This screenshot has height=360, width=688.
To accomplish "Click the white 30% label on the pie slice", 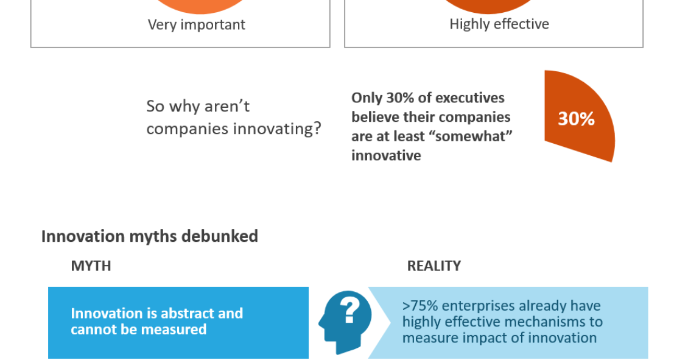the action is (576, 119).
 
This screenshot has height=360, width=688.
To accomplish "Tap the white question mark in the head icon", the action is (350, 309).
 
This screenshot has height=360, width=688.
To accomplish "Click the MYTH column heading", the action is (91, 266).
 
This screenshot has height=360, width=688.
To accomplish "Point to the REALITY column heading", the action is (434, 266).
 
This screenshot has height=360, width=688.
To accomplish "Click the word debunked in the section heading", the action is (220, 236).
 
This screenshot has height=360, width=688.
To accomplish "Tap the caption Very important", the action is (197, 24).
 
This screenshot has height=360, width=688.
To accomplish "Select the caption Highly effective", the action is (499, 24).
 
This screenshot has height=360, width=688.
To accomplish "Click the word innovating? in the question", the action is (277, 129).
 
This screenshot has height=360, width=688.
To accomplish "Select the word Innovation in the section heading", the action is (83, 236).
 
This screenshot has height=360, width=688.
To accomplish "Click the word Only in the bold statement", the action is (367, 98).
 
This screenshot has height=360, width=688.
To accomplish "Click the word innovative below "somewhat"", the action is (386, 155).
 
